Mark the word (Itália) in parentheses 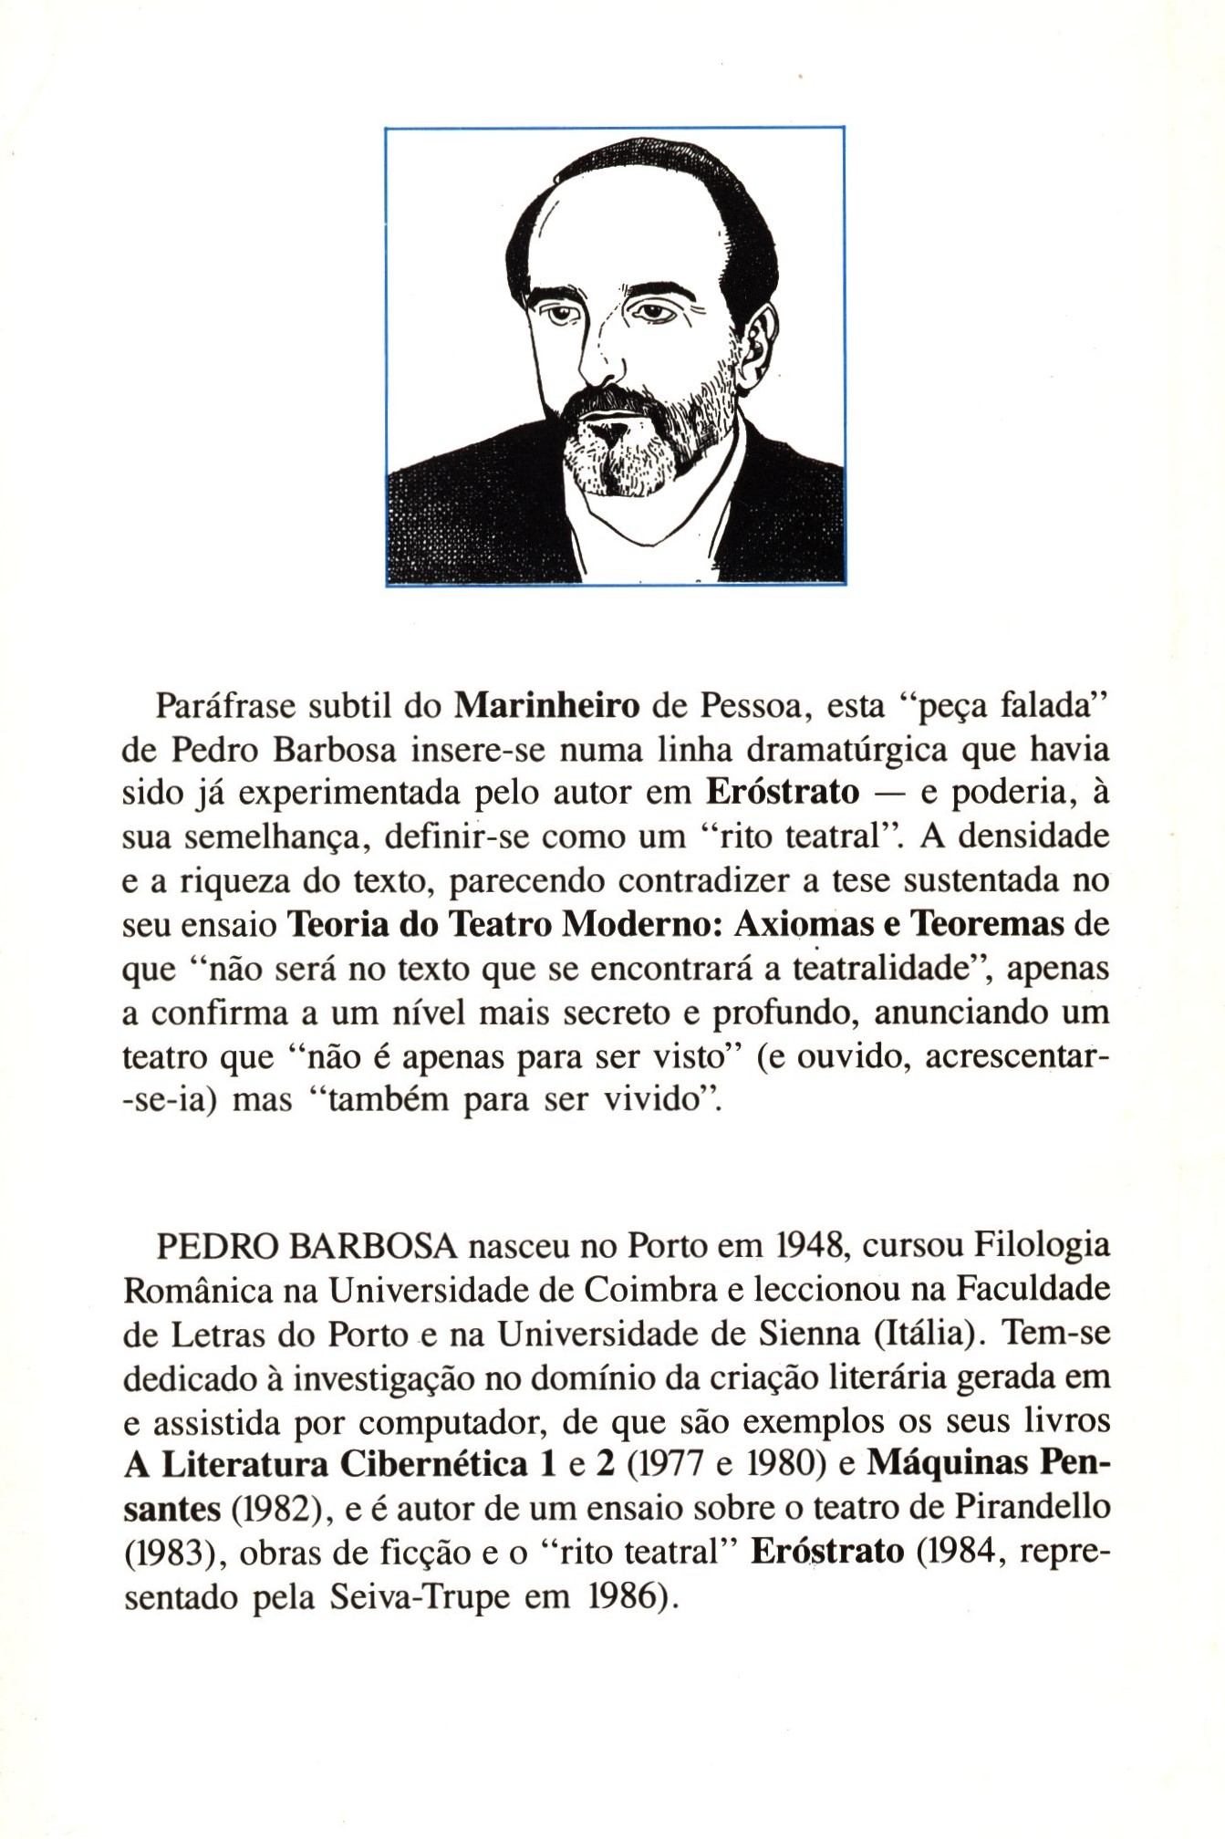[x=926, y=1334]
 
